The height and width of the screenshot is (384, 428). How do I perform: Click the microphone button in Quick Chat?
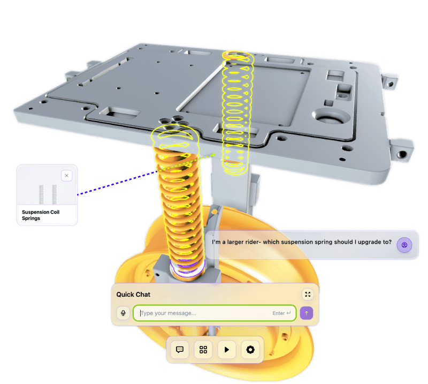[123, 313]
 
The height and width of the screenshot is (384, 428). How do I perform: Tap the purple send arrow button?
[306, 313]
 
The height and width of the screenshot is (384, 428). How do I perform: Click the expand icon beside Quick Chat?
[308, 295]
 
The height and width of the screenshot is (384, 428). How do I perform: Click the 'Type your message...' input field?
[215, 313]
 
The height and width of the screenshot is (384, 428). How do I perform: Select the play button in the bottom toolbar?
[226, 350]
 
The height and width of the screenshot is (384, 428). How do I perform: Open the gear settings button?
[250, 350]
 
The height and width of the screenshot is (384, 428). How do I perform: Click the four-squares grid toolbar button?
[203, 350]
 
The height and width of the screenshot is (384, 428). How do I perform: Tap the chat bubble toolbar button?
[180, 350]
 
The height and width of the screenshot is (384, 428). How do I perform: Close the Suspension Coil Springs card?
[66, 176]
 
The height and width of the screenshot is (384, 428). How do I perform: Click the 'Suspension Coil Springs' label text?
[41, 215]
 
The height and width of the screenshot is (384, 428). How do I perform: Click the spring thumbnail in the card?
[48, 194]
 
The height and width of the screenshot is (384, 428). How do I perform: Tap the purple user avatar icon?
[404, 245]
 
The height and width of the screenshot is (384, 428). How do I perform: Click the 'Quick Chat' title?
[133, 295]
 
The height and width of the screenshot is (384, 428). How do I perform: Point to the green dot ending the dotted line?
[214, 155]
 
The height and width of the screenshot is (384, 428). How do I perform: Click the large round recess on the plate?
[331, 116]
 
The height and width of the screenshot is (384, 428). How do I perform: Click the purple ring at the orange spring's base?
[187, 267]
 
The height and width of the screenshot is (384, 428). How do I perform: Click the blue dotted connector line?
[117, 183]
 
